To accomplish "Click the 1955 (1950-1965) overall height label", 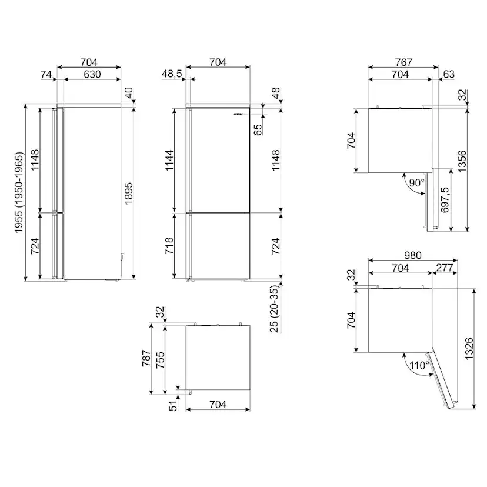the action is point(19,192).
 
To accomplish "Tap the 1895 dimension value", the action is point(128,193).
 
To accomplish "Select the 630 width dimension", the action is point(92,74).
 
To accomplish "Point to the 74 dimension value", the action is point(46,74).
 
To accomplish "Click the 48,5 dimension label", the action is point(172,74).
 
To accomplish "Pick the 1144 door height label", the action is point(169,160).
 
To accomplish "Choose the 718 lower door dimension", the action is point(169,246).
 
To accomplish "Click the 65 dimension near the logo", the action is point(258,129).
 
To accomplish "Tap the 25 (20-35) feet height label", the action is point(274,309).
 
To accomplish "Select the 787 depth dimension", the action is point(146,358).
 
